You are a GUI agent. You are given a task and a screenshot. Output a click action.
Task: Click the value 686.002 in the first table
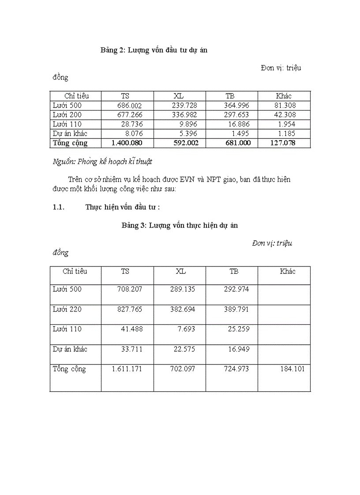pyautogui.click(x=130, y=105)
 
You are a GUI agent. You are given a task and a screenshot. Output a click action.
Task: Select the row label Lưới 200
pyautogui.click(x=67, y=115)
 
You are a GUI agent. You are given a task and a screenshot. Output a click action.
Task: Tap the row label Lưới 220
pyautogui.click(x=67, y=309)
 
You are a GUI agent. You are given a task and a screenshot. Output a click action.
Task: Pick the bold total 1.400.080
pyautogui.click(x=127, y=143)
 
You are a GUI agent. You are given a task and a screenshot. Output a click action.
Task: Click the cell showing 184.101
pyautogui.click(x=292, y=369)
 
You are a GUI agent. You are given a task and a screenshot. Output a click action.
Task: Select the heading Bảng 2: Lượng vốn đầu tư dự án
pyautogui.click(x=154, y=50)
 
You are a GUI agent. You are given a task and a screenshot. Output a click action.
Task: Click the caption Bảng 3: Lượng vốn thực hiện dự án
pyautogui.click(x=180, y=225)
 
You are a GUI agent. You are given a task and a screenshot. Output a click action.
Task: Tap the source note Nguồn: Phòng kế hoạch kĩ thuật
pyautogui.click(x=102, y=162)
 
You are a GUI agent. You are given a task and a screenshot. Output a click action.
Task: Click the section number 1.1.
pyautogui.click(x=59, y=207)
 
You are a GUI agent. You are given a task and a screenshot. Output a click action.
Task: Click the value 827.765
pyautogui.click(x=130, y=309)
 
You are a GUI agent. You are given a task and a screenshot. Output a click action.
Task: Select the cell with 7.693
pyautogui.click(x=185, y=329)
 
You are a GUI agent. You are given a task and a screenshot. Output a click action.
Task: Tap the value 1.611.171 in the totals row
pyautogui.click(x=127, y=369)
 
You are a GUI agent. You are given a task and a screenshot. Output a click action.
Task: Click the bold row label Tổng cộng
pyautogui.click(x=70, y=143)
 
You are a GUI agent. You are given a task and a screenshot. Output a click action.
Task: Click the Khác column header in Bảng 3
pyautogui.click(x=288, y=272)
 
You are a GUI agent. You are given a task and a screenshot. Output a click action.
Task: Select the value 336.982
pyautogui.click(x=184, y=115)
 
